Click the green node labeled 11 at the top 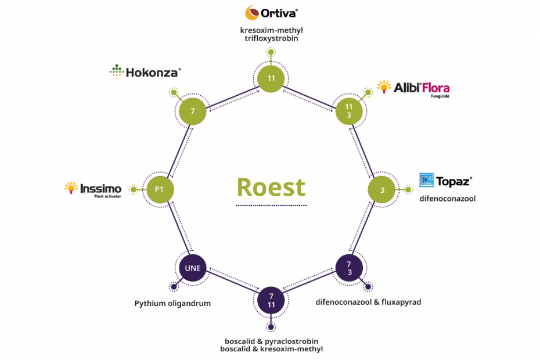point(271,78)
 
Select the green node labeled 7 point(192,110)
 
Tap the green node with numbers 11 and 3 point(350,110)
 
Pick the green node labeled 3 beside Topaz point(383,189)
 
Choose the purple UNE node point(192,268)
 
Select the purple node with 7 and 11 point(271,300)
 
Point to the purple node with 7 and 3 point(350,268)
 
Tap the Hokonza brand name point(145,72)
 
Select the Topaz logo point(445,181)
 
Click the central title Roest point(271,187)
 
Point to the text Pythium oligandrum point(172,303)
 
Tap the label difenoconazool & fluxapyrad point(368,302)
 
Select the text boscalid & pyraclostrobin point(271,341)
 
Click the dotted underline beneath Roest point(270,205)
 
